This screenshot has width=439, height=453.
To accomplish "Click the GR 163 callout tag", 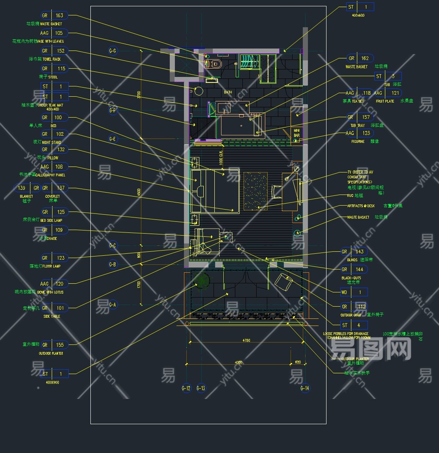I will (54, 16).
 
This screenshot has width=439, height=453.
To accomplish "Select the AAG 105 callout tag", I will (54, 33).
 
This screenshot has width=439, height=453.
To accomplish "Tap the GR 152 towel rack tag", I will (54, 51).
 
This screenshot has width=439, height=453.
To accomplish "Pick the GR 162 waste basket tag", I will (360, 58).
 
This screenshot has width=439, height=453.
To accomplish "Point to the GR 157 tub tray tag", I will (360, 117).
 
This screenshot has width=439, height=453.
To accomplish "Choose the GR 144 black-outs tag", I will (354, 270).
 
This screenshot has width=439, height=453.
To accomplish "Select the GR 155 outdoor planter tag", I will (54, 345).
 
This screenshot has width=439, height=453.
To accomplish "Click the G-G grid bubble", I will (113, 51).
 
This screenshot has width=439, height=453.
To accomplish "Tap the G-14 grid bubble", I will (305, 388).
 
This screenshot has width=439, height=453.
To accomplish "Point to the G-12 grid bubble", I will (186, 388).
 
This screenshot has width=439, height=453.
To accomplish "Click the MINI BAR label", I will (296, 133).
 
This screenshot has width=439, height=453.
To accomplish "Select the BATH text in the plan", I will (228, 92).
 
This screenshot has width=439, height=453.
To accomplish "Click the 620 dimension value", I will (298, 362).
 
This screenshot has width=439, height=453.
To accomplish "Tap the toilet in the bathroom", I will (214, 64).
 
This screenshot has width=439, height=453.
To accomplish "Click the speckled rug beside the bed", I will (255, 191).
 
